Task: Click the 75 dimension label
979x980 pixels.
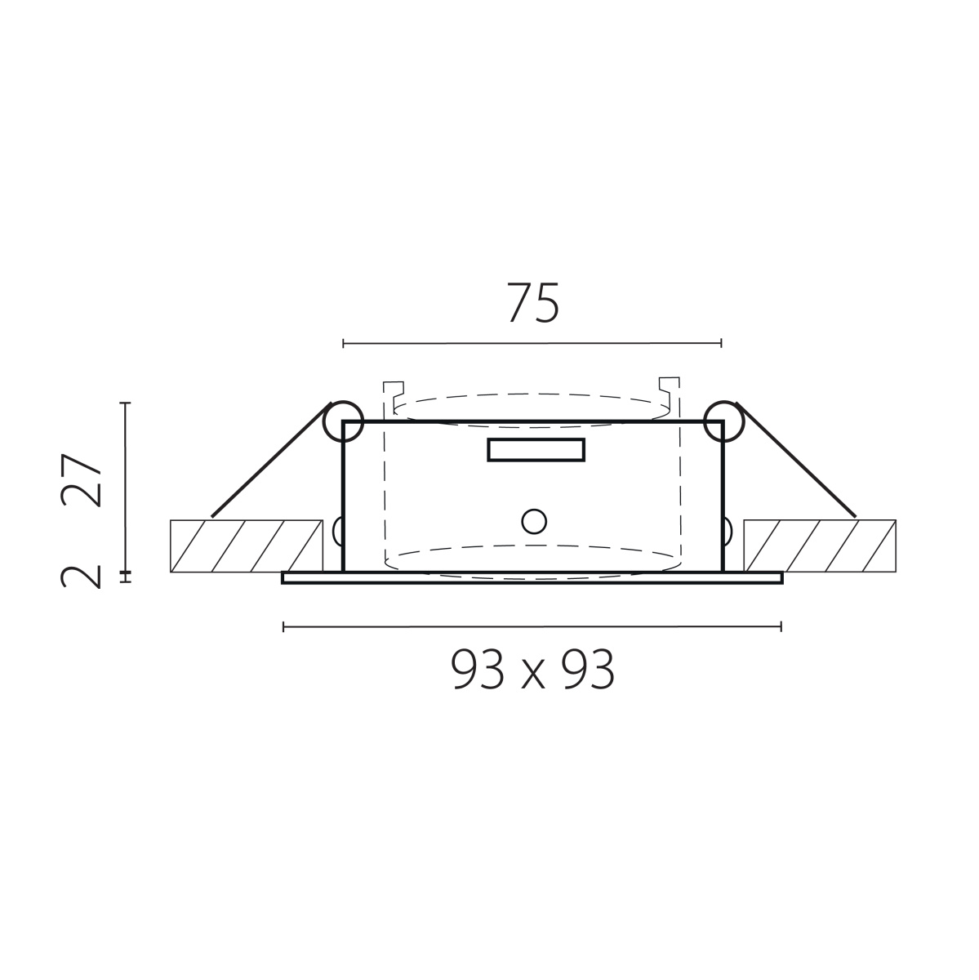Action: [x=533, y=303]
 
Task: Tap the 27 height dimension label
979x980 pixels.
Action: [x=82, y=480]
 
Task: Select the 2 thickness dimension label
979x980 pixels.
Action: [x=82, y=577]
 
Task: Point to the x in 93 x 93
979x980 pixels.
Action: [x=533, y=675]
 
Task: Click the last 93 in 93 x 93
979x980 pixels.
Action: [x=588, y=670]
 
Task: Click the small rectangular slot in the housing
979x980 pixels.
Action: [x=536, y=450]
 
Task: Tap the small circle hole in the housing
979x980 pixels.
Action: [x=534, y=522]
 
